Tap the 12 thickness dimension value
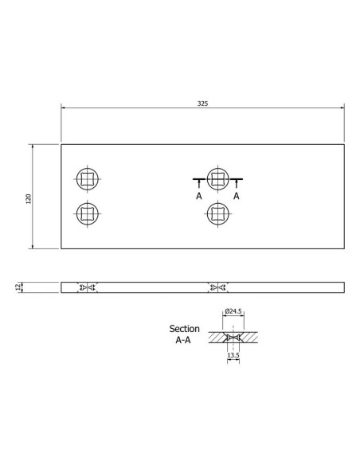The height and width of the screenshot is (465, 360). (18, 286)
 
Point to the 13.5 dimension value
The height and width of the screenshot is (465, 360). (233, 356)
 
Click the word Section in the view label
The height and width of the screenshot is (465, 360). (185, 328)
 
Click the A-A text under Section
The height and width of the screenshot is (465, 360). (185, 339)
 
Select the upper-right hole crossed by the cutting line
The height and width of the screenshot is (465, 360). (217, 178)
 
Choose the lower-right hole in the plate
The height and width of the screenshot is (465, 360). (217, 212)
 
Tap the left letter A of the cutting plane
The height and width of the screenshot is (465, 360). (198, 194)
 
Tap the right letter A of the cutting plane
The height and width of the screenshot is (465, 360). (237, 194)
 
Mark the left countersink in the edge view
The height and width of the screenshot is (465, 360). (86, 287)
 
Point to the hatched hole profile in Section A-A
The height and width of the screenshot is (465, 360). (233, 338)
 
